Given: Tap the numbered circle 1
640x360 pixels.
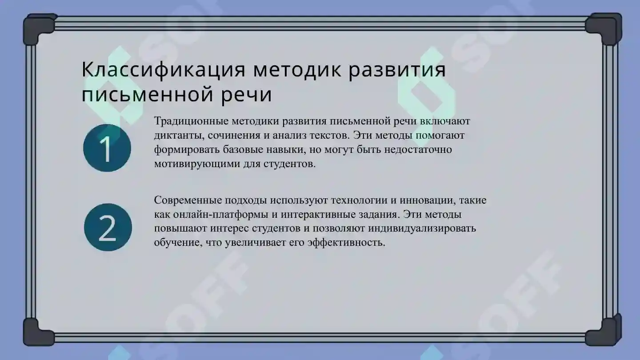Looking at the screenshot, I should pos(107,148).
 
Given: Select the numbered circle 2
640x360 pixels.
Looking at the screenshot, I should pos(108,227).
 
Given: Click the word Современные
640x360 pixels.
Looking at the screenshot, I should pos(186,200).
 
